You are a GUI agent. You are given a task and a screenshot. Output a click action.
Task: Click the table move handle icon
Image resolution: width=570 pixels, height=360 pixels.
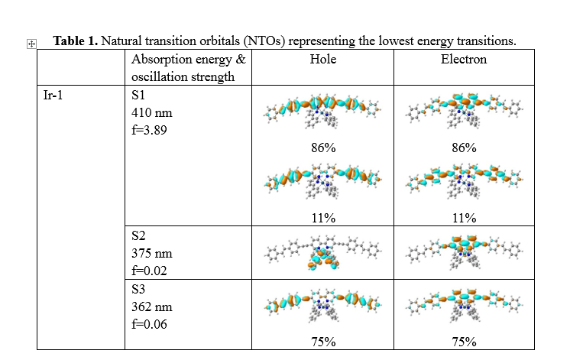(x=31, y=45)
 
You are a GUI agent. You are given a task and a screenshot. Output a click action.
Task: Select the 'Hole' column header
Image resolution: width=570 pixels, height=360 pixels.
(x=323, y=59)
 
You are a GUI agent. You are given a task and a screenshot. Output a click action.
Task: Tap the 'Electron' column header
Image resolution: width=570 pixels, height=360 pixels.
(x=464, y=59)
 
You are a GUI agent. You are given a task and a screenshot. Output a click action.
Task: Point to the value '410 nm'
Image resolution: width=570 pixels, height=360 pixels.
(x=152, y=113)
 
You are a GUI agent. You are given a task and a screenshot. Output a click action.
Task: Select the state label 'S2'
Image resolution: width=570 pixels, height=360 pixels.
(x=139, y=237)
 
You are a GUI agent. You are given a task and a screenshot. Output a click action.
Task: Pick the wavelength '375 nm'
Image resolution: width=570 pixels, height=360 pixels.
(x=152, y=254)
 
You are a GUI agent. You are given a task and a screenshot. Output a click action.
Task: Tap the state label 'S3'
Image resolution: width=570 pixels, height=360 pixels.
(x=139, y=290)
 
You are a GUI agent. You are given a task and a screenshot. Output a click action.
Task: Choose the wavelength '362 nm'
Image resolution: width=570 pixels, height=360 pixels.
(x=152, y=307)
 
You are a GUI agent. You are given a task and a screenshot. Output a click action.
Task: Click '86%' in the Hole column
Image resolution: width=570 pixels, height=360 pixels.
(x=323, y=148)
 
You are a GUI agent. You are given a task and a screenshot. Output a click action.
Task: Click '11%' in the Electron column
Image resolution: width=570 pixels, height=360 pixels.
(x=464, y=218)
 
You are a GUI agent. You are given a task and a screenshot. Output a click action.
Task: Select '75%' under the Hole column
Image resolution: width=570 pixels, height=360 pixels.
(x=323, y=342)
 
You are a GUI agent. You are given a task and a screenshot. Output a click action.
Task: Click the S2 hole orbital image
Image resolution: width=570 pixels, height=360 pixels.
(x=323, y=252)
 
